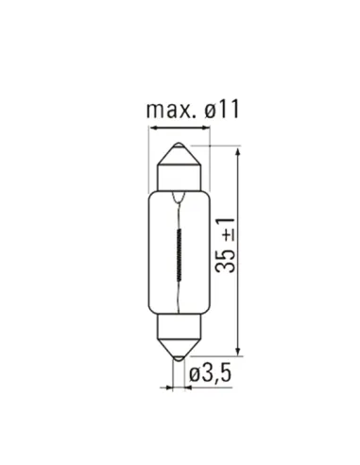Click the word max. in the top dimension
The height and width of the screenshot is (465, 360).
(169, 110)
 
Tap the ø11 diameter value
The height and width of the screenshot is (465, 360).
(222, 110)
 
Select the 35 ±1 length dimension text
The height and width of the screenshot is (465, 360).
(226, 245)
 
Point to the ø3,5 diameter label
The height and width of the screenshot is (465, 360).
(210, 373)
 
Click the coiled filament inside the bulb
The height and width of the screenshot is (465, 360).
(180, 255)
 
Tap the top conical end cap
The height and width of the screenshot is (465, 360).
(179, 156)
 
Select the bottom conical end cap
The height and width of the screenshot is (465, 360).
(179, 348)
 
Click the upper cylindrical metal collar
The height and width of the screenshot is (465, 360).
(179, 178)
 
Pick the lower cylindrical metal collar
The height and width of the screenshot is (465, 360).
(179, 326)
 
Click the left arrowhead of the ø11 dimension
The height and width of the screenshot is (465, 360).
(153, 128)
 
